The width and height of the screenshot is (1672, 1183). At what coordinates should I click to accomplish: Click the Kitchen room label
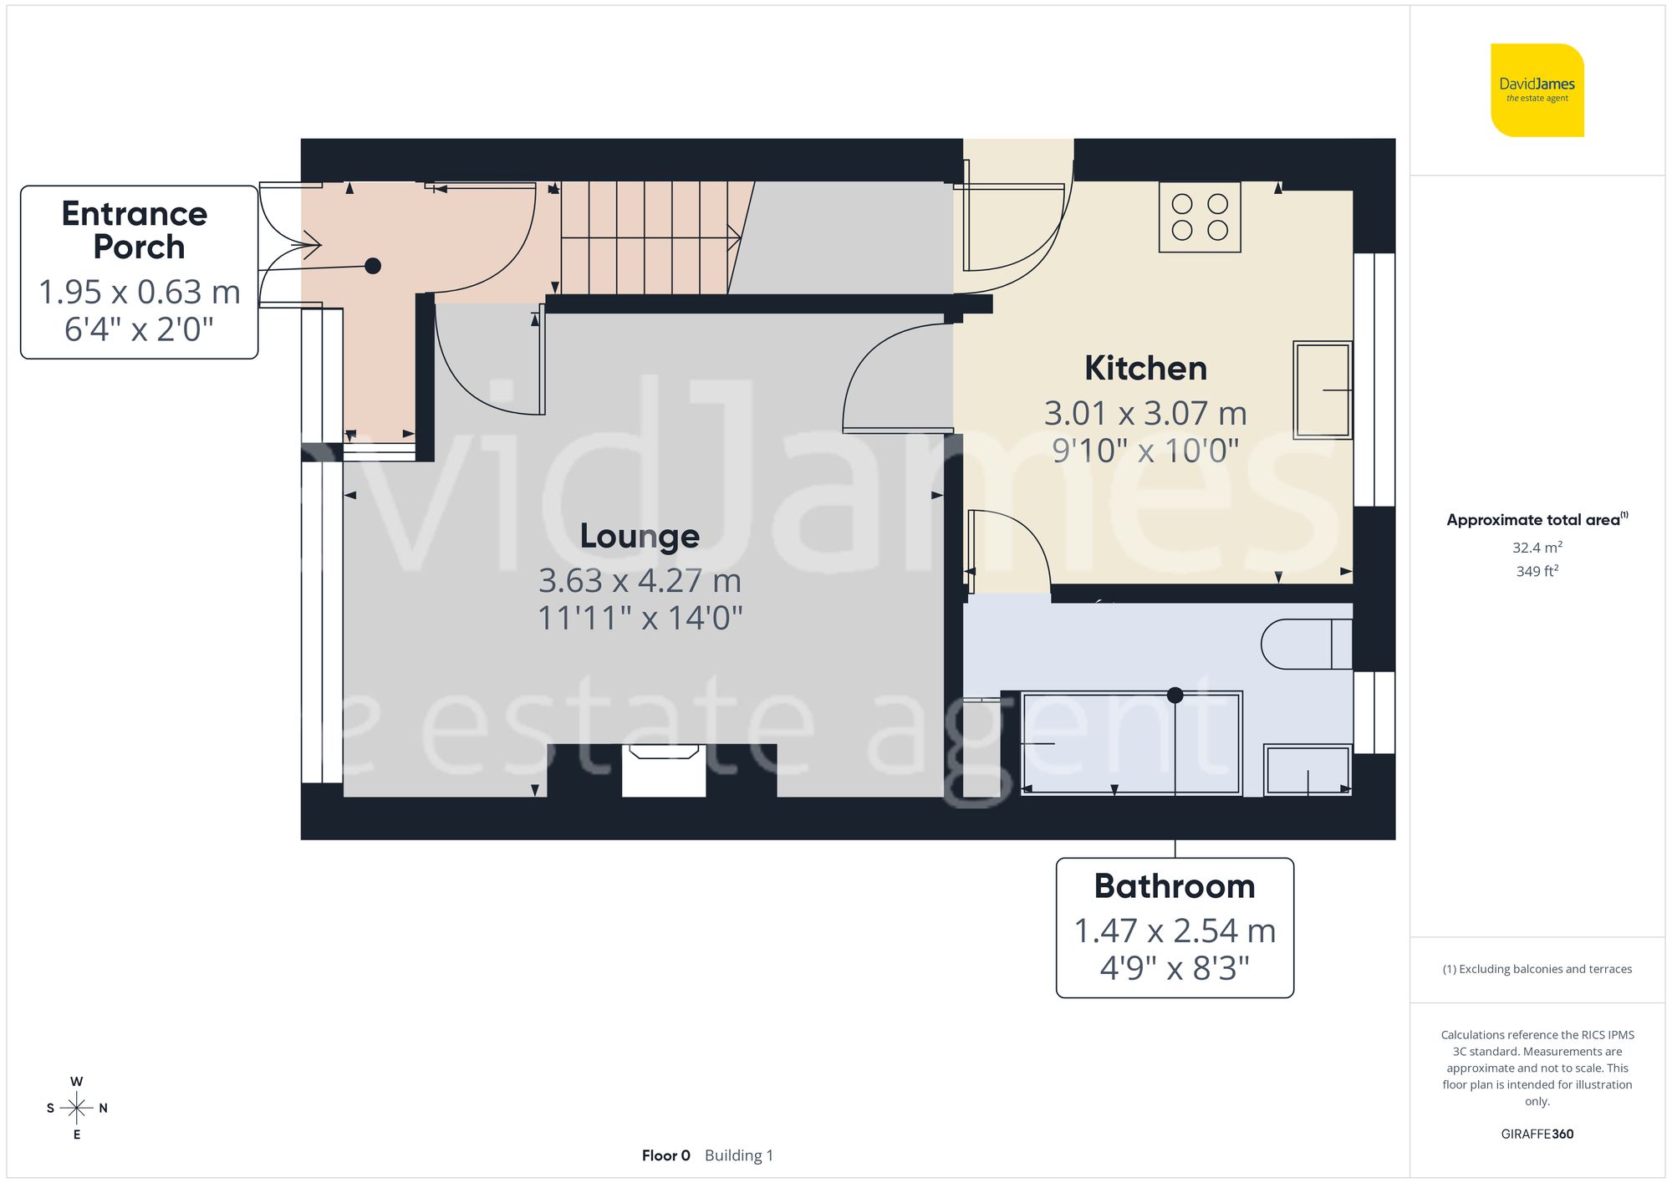1145,369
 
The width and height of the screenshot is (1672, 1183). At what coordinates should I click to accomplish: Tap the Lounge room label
640,536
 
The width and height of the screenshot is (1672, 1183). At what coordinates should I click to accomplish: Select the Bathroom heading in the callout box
1175,886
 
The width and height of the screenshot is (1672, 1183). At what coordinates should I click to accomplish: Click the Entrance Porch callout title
136,230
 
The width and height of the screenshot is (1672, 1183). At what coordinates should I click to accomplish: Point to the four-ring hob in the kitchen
1200,217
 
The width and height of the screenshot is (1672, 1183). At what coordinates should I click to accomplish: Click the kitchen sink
1322,390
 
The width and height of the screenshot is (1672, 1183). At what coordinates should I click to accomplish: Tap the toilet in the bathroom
1306,644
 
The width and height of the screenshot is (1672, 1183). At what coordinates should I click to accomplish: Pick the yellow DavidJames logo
1537,90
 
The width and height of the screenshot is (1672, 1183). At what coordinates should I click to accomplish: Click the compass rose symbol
77,1109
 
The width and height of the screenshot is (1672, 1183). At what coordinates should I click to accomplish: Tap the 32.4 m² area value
1537,548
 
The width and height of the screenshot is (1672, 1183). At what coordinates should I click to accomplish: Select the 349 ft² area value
1537,572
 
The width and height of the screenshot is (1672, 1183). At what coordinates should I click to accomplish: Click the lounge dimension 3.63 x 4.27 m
640,580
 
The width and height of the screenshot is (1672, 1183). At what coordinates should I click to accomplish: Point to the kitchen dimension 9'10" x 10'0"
1145,451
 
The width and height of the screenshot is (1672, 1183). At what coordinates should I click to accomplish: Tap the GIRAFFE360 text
1537,1135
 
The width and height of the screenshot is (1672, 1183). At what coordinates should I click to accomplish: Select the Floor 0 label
665,1155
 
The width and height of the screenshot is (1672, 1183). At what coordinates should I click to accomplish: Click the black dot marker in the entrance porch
373,266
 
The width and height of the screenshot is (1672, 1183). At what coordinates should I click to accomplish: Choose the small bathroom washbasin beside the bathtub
1308,770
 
